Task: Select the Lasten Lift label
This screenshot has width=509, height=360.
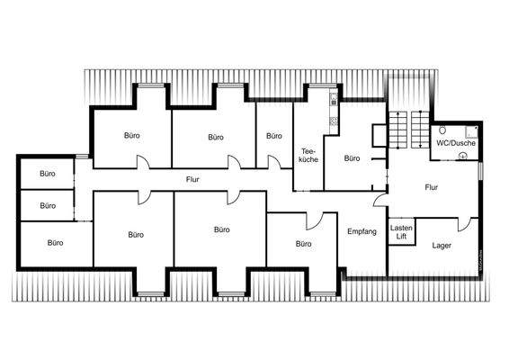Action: (401, 233)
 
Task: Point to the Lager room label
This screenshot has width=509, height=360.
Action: (442, 245)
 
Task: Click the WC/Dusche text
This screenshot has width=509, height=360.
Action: (457, 142)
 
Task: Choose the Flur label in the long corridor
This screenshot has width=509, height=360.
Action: (192, 179)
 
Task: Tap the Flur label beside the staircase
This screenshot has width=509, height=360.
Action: (432, 187)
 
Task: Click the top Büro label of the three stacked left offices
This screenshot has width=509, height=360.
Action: (48, 173)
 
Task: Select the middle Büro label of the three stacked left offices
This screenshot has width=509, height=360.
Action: (48, 205)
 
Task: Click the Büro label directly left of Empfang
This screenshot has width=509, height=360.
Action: (302, 243)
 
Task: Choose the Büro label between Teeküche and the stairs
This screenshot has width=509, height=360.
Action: (352, 158)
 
